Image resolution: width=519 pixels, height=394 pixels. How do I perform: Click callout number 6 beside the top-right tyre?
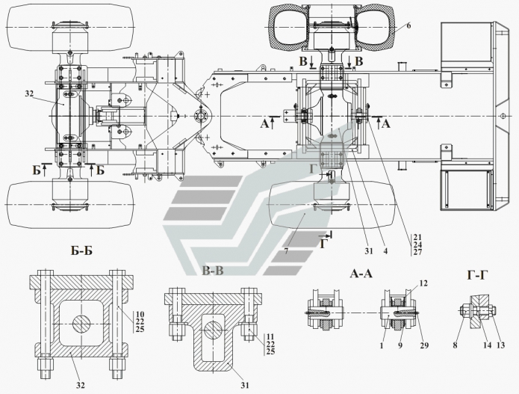(408, 25)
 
